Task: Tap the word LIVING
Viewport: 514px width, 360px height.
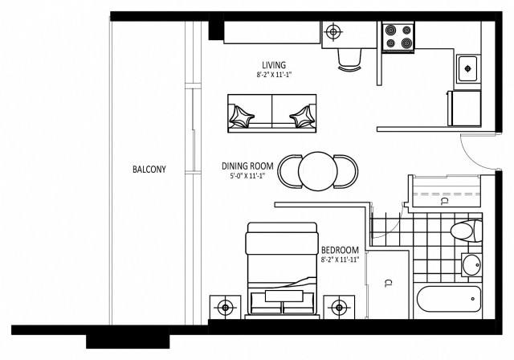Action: [x=274, y=65]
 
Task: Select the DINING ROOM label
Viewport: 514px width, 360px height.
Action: [x=248, y=166]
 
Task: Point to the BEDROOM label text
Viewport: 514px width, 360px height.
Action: [x=339, y=249]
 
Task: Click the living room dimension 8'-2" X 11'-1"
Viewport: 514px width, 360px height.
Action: [x=274, y=75]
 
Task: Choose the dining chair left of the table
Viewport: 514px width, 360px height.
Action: [x=288, y=170]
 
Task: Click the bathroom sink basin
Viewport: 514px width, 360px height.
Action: [x=471, y=266]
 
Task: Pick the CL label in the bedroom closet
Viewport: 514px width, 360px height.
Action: [x=388, y=283]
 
